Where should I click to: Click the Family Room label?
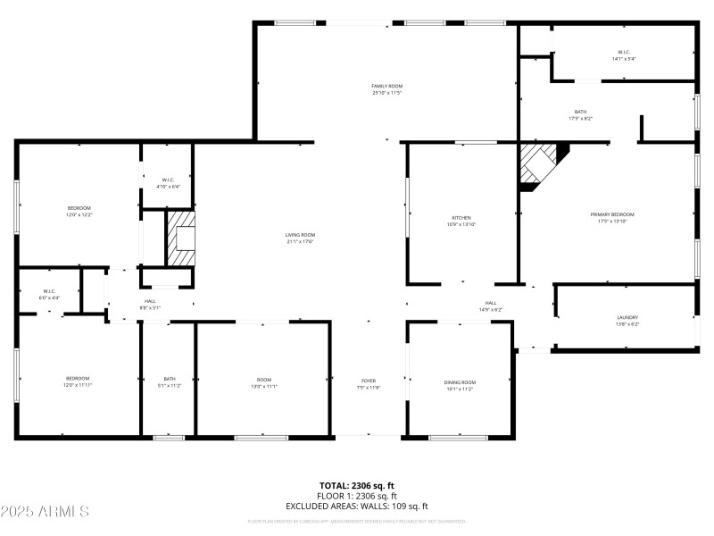[x=387, y=89]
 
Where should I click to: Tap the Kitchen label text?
[x=461, y=221]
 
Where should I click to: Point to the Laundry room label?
[x=627, y=320]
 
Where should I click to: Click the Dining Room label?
[x=460, y=385]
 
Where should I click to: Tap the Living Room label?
[x=300, y=238]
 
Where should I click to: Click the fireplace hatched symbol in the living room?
[x=181, y=238]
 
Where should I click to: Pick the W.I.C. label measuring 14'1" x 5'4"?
[x=623, y=54]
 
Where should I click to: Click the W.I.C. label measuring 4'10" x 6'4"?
[x=168, y=183]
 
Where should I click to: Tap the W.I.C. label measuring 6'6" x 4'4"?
[x=50, y=294]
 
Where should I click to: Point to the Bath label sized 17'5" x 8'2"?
[x=580, y=114]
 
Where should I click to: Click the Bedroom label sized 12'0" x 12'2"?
[x=79, y=212]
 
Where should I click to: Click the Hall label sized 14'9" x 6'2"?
[x=490, y=306]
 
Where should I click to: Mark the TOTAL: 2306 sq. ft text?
[x=357, y=486]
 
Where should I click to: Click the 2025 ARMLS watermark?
[x=46, y=512]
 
